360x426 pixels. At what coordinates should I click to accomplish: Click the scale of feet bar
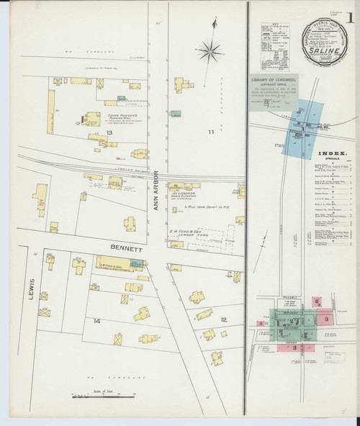[92, 395]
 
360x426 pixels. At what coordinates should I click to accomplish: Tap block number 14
[96, 319]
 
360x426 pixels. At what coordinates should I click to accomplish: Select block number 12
[223, 319]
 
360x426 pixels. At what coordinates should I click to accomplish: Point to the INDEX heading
[332, 153]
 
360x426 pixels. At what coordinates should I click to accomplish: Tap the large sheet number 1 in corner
[349, 15]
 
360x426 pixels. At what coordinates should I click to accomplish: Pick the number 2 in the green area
[292, 322]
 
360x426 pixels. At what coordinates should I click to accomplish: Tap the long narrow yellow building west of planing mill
[51, 112]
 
